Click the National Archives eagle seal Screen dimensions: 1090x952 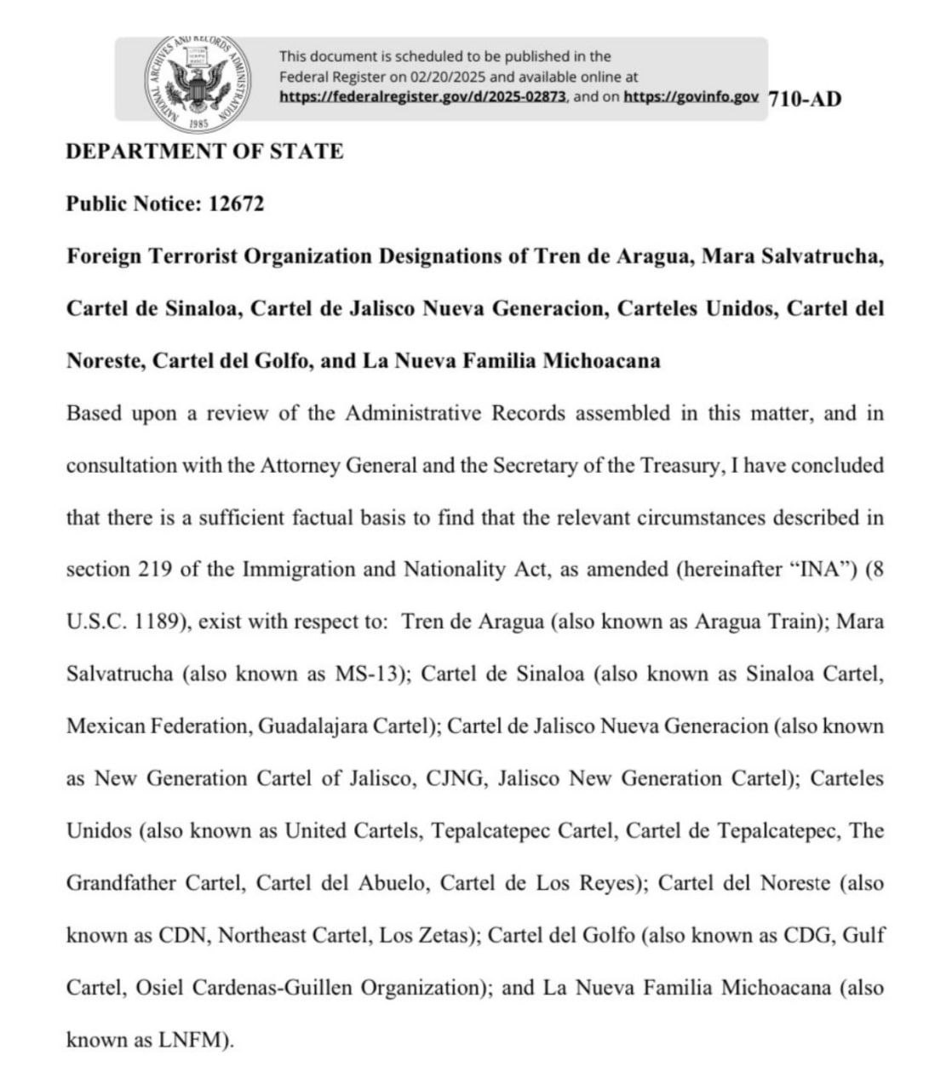[202, 83]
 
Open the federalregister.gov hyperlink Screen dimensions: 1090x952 [423, 97]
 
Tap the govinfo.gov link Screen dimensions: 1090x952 [691, 97]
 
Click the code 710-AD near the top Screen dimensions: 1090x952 [805, 99]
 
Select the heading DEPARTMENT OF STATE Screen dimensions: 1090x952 [204, 152]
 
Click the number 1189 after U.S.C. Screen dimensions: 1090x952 [160, 622]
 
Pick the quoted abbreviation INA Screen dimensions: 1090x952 [813, 569]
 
